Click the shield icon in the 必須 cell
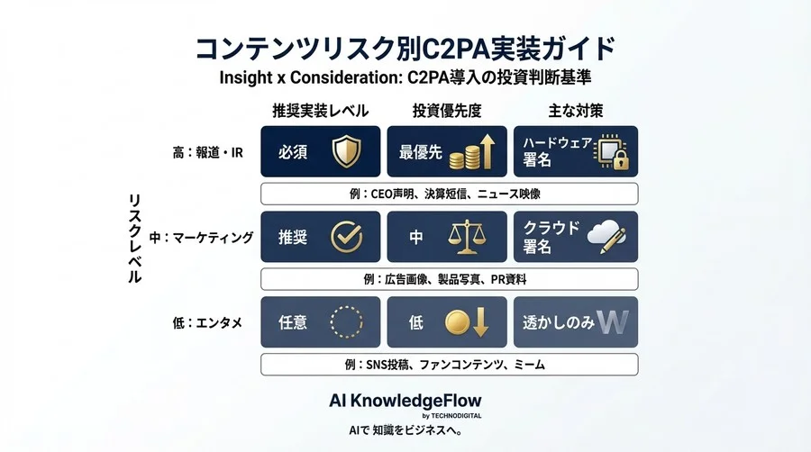point(346,151)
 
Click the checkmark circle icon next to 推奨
point(346,237)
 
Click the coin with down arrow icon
point(469,322)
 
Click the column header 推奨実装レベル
point(320,111)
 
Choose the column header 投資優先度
point(447,111)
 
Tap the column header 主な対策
point(575,111)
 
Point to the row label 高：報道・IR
point(208,152)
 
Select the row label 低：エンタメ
point(208,322)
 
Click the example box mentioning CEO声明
point(449,194)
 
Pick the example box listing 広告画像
point(449,279)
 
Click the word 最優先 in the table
point(421,152)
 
